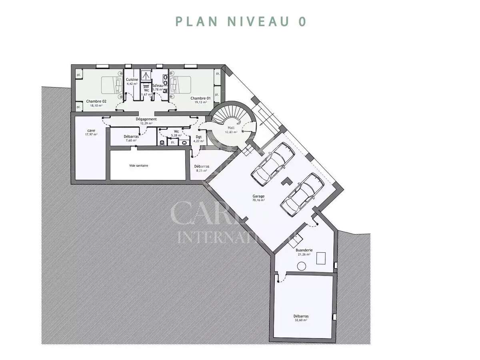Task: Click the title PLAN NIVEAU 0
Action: coord(240,21)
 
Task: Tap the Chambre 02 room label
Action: coord(96,102)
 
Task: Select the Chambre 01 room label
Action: coord(200,98)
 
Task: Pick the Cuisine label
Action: coord(132,80)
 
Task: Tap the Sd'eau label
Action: coord(158,86)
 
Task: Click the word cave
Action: coord(91,131)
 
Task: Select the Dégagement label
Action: coord(146,119)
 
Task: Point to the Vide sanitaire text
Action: coord(139,165)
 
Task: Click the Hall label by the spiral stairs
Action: coord(231,128)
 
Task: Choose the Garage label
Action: coord(258,196)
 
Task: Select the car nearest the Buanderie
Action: coord(302,194)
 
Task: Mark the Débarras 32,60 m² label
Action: coord(301,316)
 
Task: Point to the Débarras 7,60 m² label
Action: coord(131,136)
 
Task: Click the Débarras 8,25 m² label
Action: coord(202,166)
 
